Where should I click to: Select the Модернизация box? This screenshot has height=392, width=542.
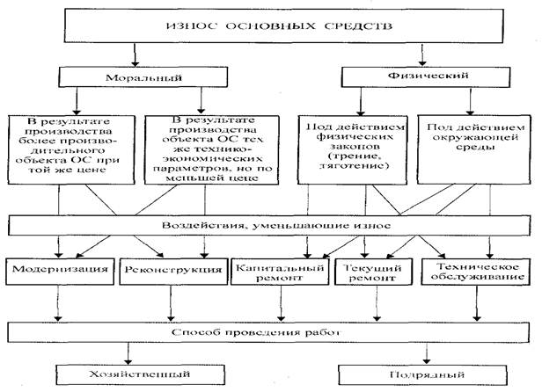point(60,268)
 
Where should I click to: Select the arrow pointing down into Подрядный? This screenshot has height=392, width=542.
point(424,355)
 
